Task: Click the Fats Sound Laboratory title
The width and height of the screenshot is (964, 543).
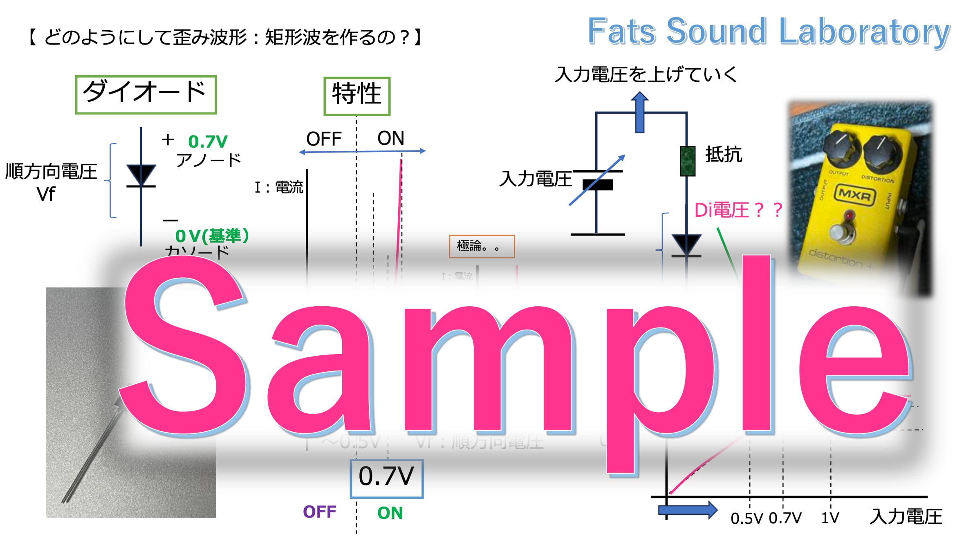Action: pos(769,31)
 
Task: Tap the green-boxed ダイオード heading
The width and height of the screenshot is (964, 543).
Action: pos(146,94)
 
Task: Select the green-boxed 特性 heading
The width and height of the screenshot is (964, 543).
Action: pos(357,96)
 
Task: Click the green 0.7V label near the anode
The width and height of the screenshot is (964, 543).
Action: pos(208,142)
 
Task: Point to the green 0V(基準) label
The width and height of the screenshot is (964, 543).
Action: pos(212,236)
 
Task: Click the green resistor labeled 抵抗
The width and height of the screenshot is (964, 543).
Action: pos(687,161)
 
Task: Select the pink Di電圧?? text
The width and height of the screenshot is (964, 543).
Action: pos(738,210)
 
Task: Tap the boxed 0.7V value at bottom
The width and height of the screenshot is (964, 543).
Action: pos(386,478)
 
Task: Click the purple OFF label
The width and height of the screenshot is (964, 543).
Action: pos(320,512)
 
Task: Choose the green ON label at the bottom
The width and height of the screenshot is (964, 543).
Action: pos(390,513)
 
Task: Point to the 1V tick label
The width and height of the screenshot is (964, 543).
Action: pos(830,518)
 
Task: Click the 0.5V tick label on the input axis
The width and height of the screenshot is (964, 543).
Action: pos(747,518)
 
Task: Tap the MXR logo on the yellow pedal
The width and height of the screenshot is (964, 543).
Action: pos(855,195)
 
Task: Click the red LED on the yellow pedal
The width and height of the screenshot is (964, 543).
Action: pos(850,215)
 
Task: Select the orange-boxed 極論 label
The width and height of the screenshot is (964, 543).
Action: pos(482,246)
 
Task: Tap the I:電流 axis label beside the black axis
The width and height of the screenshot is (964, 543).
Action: pos(279,187)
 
